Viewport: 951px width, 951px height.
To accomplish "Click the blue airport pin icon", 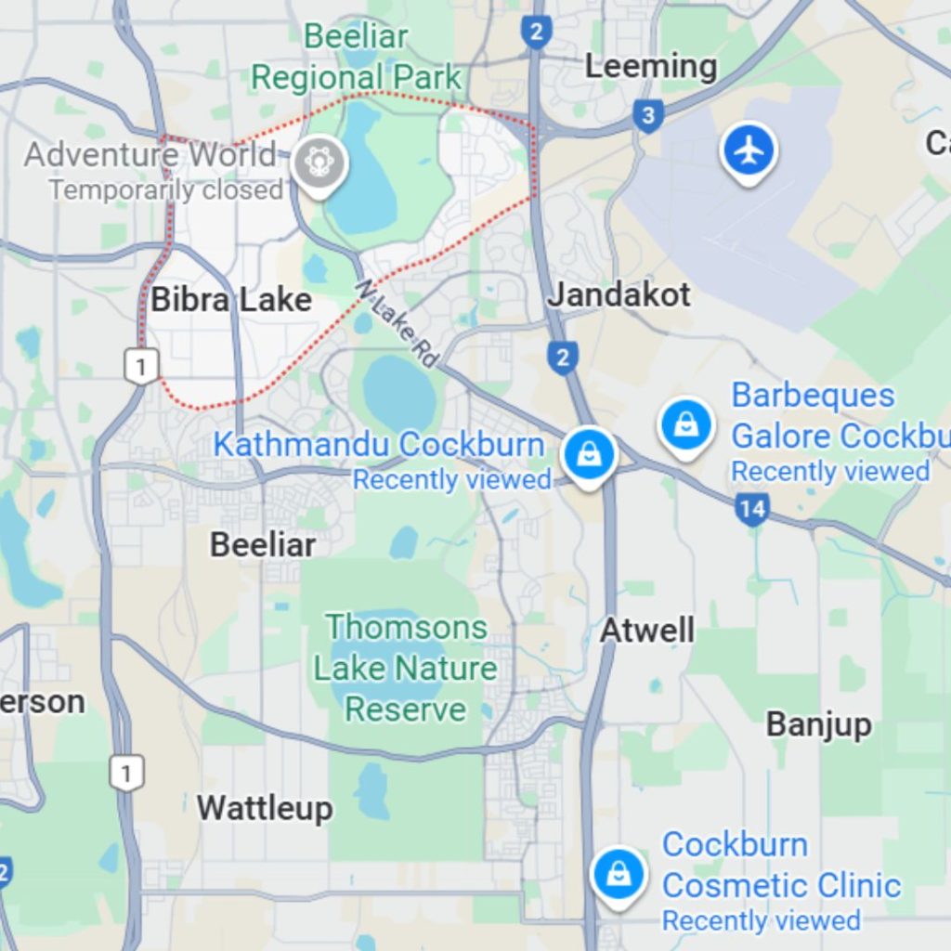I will point(749,150).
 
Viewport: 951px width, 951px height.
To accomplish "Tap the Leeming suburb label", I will point(650,67).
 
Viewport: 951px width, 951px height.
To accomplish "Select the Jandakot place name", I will point(619,295).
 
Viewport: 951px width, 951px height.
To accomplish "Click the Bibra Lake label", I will point(231,300).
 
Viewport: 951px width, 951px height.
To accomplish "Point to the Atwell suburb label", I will point(647,631).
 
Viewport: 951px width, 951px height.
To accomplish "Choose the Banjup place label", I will point(818,724).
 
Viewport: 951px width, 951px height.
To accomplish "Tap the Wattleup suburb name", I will point(265,808).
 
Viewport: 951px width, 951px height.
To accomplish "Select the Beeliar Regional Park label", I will point(357,58).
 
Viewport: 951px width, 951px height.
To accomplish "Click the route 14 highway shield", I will point(751,508).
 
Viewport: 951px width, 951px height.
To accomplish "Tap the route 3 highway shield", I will point(647,116).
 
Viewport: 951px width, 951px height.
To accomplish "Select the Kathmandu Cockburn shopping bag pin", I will point(589,455).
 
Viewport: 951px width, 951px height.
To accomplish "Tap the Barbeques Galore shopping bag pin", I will point(685,425).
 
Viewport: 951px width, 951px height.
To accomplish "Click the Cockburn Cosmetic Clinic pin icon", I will point(618,873).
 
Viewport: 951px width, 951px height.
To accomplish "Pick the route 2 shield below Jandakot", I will point(562,357).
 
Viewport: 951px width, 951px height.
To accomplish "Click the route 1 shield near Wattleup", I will point(126,773).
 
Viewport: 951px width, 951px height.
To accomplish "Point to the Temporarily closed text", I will point(166,190).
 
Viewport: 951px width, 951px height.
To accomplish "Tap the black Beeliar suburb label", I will point(263,544).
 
